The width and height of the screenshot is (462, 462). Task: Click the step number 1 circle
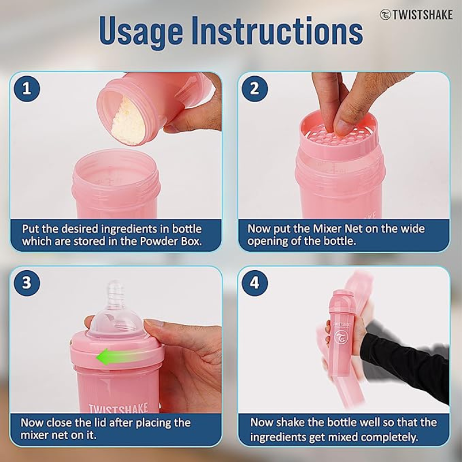27,89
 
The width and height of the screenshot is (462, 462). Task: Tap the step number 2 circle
255,89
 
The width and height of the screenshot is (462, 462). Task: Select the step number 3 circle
27,284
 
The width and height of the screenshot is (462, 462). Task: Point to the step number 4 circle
255,284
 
